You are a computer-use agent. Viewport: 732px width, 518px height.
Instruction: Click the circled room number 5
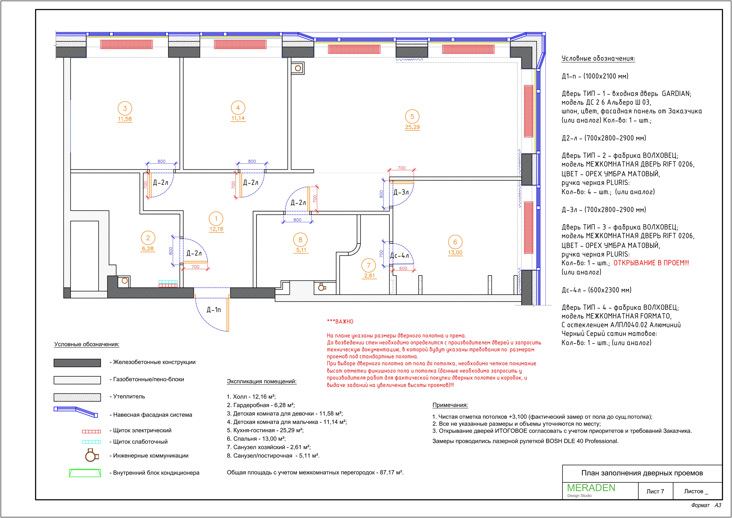click(412, 117)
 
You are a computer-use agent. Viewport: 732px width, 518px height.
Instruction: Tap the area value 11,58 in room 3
click(125, 119)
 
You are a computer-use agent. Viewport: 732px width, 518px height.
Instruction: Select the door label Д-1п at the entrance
click(214, 310)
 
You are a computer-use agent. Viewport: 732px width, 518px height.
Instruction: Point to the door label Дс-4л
click(399, 256)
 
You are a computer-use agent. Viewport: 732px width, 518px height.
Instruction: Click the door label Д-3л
click(401, 192)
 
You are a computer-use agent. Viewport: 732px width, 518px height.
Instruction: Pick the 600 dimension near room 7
click(403, 269)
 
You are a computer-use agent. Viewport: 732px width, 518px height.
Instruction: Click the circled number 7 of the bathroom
click(369, 265)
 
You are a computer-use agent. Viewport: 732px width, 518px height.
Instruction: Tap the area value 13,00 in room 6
click(455, 253)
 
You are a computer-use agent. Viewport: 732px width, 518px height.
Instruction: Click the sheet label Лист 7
click(655, 492)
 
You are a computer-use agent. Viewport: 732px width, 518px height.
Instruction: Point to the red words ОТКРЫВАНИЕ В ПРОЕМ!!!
click(651, 263)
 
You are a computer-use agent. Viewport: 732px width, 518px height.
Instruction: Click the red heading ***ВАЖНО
click(340, 322)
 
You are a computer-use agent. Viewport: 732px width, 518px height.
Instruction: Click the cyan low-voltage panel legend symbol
click(92, 442)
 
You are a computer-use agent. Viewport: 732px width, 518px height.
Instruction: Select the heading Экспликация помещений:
click(262, 381)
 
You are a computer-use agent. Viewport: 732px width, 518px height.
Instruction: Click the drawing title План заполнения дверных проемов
click(642, 473)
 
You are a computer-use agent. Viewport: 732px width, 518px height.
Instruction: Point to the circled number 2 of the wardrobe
click(148, 238)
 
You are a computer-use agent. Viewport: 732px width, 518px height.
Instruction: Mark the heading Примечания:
click(450, 405)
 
